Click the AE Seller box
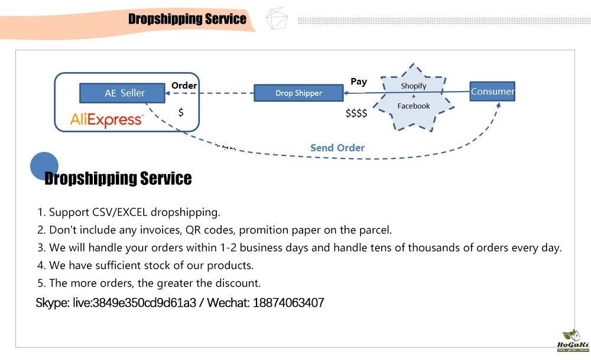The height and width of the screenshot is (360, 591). pos(125,93)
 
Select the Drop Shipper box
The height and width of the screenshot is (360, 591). pos(298,93)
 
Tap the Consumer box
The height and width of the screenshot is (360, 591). pos(492,92)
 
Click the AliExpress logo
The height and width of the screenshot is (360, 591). pos(106,120)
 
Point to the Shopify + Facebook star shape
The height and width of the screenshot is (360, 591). pos(414,96)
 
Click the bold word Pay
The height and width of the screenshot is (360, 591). pos(359,82)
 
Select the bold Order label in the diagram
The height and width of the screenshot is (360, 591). pos(184,86)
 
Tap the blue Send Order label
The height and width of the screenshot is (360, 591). pos(337,148)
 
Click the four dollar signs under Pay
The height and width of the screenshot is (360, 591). pos(356,113)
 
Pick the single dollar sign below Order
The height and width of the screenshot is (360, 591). pos(181,112)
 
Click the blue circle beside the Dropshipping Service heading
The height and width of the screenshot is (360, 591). pos(44,166)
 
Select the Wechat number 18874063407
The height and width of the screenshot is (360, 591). pos(288,303)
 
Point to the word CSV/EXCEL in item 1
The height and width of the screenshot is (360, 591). pos(120,212)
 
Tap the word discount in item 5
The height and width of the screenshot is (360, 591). pos(241,283)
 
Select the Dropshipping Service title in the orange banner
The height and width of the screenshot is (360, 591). pos(187,19)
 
